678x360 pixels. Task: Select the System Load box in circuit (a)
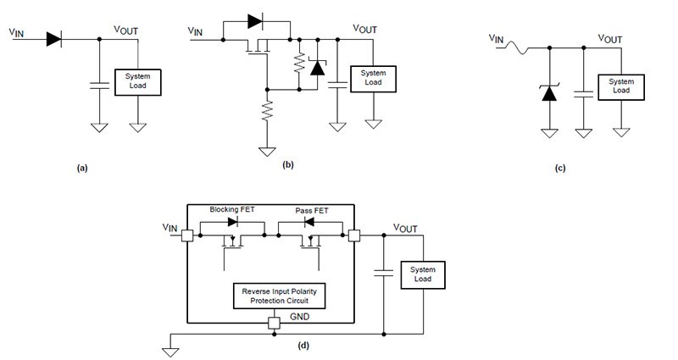[x=136, y=81]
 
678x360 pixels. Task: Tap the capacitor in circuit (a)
[x=98, y=85]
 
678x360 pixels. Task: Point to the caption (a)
[x=81, y=169]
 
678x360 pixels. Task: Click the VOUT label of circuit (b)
[x=364, y=28]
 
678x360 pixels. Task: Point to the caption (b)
[x=287, y=164]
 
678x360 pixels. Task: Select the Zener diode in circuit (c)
[x=548, y=92]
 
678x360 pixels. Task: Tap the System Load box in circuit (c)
[x=620, y=86]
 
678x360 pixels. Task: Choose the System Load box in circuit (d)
[x=422, y=274]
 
